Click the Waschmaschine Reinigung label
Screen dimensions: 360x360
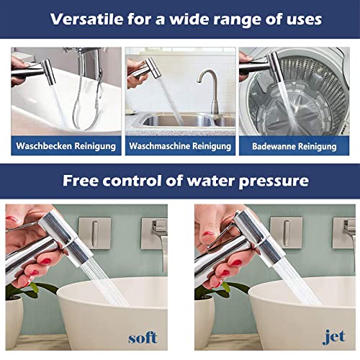(x=180, y=146)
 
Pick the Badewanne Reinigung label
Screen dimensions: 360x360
(x=294, y=146)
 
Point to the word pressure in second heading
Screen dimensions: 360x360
(x=266, y=181)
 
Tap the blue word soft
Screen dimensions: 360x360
(x=143, y=337)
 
